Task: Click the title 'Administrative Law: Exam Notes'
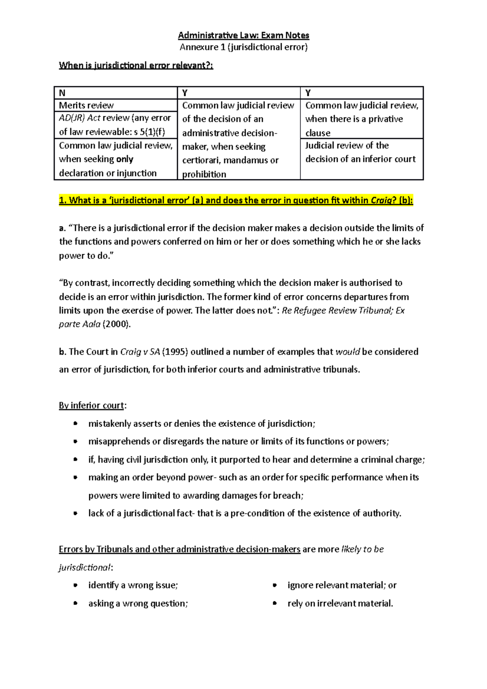click(x=243, y=35)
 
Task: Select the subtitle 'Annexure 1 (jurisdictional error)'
click(x=243, y=47)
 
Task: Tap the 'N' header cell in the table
click(x=62, y=93)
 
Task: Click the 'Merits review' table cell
click(x=86, y=106)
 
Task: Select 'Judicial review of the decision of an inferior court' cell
click(x=360, y=152)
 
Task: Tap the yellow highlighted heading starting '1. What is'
click(x=236, y=200)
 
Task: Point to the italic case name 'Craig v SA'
click(x=140, y=352)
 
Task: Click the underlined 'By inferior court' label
click(x=92, y=405)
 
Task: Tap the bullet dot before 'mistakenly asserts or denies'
click(x=75, y=424)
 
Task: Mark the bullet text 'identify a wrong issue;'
click(x=133, y=585)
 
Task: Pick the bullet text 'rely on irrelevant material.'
click(x=340, y=603)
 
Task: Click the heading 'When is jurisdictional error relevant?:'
click(x=136, y=65)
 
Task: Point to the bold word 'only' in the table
click(x=125, y=159)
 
